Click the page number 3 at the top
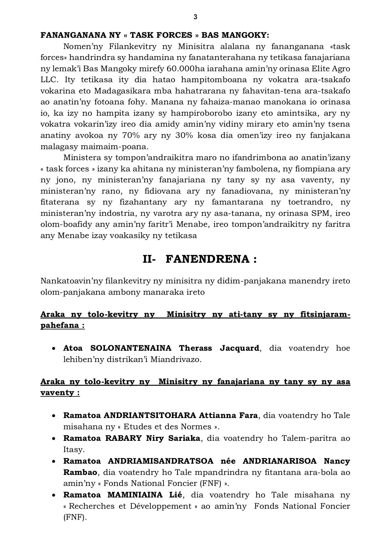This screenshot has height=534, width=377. pyautogui.click(x=195, y=17)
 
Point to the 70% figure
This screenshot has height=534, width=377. pyautogui.click(x=131, y=135)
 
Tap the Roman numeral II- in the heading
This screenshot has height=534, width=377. pyautogui.click(x=149, y=259)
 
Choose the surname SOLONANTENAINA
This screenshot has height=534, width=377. pyautogui.click(x=131, y=348)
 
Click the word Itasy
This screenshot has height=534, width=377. pyautogui.click(x=73, y=449)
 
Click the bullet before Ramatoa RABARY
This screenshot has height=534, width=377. pyautogui.click(x=54, y=438)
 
